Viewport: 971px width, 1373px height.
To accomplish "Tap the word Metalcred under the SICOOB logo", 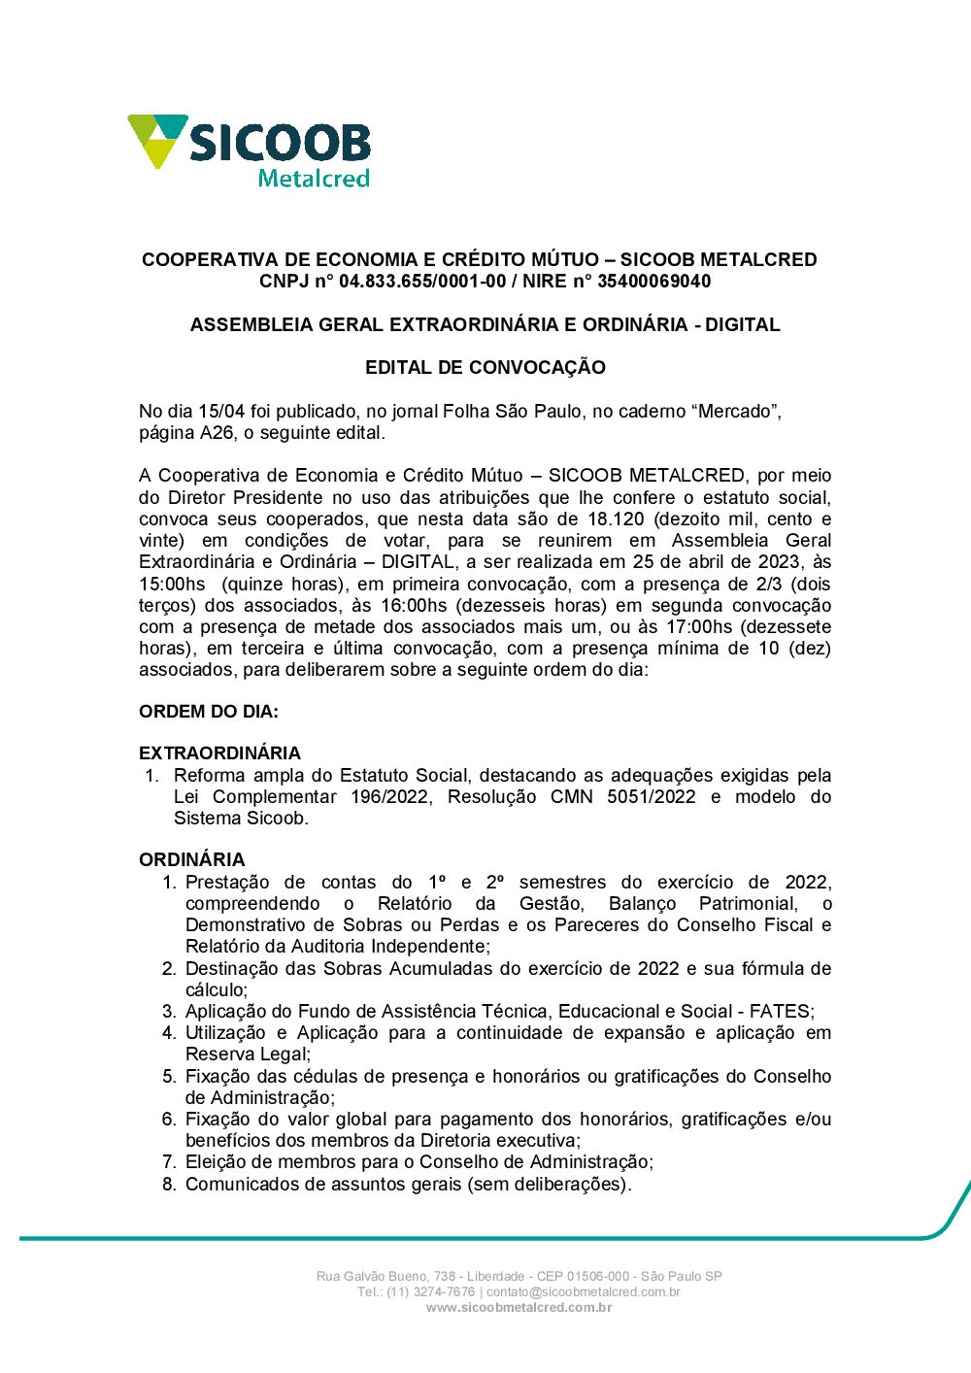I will [x=314, y=179].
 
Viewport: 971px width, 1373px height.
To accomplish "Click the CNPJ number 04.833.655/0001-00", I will [x=422, y=282].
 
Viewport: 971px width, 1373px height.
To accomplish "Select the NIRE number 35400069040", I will [x=653, y=282].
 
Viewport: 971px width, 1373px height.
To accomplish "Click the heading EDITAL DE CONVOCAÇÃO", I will [x=485, y=368].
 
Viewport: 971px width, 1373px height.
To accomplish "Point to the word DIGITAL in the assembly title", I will [x=743, y=325].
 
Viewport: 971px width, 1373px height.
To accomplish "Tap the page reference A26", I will [x=218, y=433].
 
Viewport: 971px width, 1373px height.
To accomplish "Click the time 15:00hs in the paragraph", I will [x=172, y=585].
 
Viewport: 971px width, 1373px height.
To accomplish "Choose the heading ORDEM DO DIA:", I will [x=209, y=712].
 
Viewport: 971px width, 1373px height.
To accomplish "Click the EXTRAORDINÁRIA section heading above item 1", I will [x=219, y=753].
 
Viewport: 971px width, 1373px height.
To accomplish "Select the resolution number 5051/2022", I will [x=651, y=797].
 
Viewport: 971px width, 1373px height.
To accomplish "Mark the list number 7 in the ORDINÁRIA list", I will [x=169, y=1162].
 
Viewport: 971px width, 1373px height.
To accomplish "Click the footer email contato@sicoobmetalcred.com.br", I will [x=583, y=1292].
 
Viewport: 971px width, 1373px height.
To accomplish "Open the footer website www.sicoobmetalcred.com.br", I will [x=519, y=1308].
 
